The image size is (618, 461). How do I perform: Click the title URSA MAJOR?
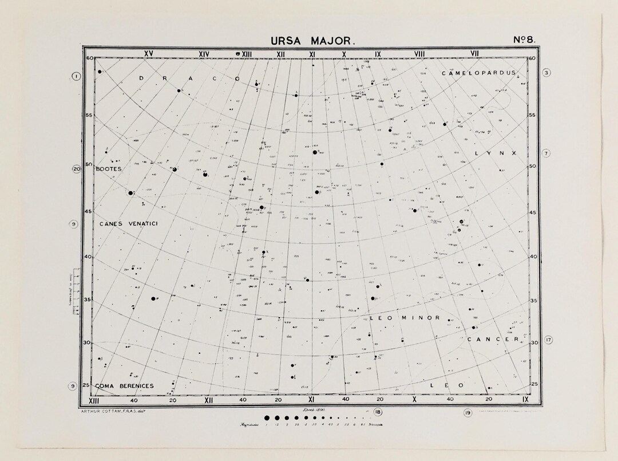[x=313, y=41]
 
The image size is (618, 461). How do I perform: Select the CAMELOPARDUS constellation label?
[x=478, y=73]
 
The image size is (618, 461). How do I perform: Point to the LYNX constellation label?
[x=496, y=153]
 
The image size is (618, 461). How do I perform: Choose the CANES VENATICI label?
[x=128, y=223]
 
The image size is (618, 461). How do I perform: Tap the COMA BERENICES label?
[x=125, y=386]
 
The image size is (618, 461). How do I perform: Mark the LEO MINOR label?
[x=405, y=317]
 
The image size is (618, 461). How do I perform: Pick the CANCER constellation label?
[x=493, y=340]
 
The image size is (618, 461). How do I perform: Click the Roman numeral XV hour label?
[x=149, y=54]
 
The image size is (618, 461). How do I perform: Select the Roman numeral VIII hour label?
[x=420, y=54]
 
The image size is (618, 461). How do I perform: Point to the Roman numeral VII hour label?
[x=474, y=54]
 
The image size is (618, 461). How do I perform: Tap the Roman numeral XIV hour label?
[x=204, y=54]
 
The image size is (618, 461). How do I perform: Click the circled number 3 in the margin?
[x=546, y=73]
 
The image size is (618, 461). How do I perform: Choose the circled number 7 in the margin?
[x=546, y=153]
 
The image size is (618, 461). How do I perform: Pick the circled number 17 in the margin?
[x=548, y=340]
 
